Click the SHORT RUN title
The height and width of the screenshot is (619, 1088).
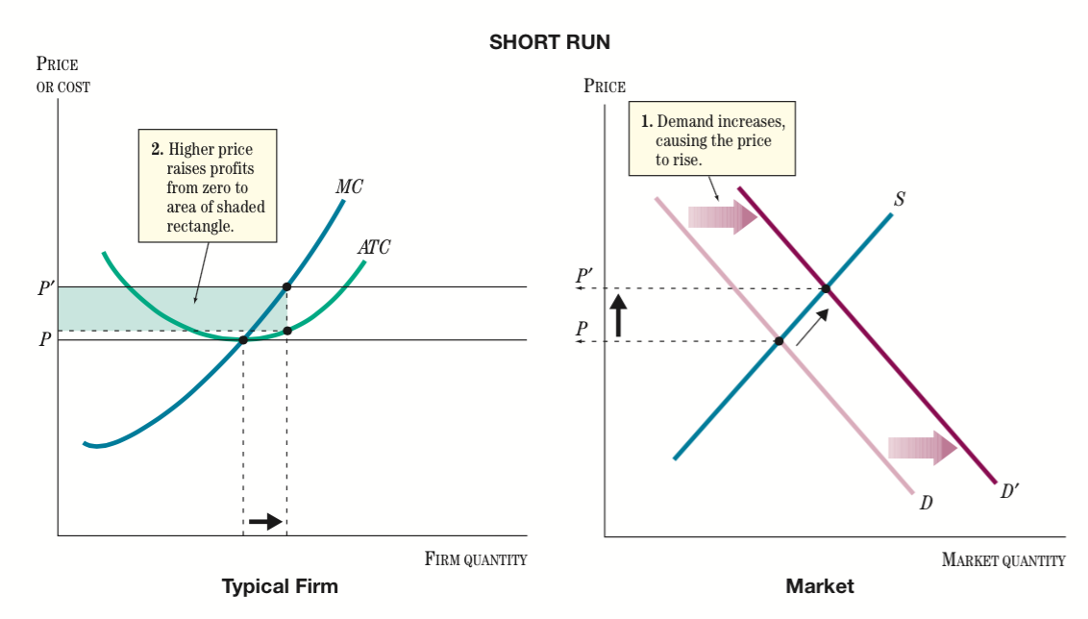click(x=549, y=42)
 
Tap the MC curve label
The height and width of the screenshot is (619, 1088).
click(x=349, y=187)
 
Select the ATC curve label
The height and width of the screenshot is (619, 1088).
click(x=374, y=247)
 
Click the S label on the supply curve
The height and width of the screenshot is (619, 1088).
click(x=899, y=200)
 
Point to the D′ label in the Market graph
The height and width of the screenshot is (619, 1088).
click(x=1009, y=491)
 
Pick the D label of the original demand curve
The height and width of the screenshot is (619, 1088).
click(x=926, y=503)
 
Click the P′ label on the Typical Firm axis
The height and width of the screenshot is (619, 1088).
click(x=45, y=287)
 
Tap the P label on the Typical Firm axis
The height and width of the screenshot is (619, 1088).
click(x=44, y=340)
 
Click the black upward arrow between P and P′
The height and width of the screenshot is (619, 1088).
click(x=618, y=314)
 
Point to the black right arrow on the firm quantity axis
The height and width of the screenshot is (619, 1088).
click(x=264, y=521)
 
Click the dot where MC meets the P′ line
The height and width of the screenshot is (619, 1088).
click(x=286, y=287)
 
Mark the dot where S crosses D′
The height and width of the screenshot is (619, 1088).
click(x=826, y=288)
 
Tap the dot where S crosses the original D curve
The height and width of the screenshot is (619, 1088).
click(x=779, y=341)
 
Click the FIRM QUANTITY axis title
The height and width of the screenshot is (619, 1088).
click(x=475, y=559)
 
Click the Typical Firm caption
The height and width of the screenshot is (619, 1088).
click(x=280, y=586)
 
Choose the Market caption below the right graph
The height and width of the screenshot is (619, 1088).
click(x=819, y=586)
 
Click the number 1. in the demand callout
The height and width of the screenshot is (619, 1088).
click(x=646, y=123)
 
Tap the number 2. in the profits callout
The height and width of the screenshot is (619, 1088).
click(x=157, y=149)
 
